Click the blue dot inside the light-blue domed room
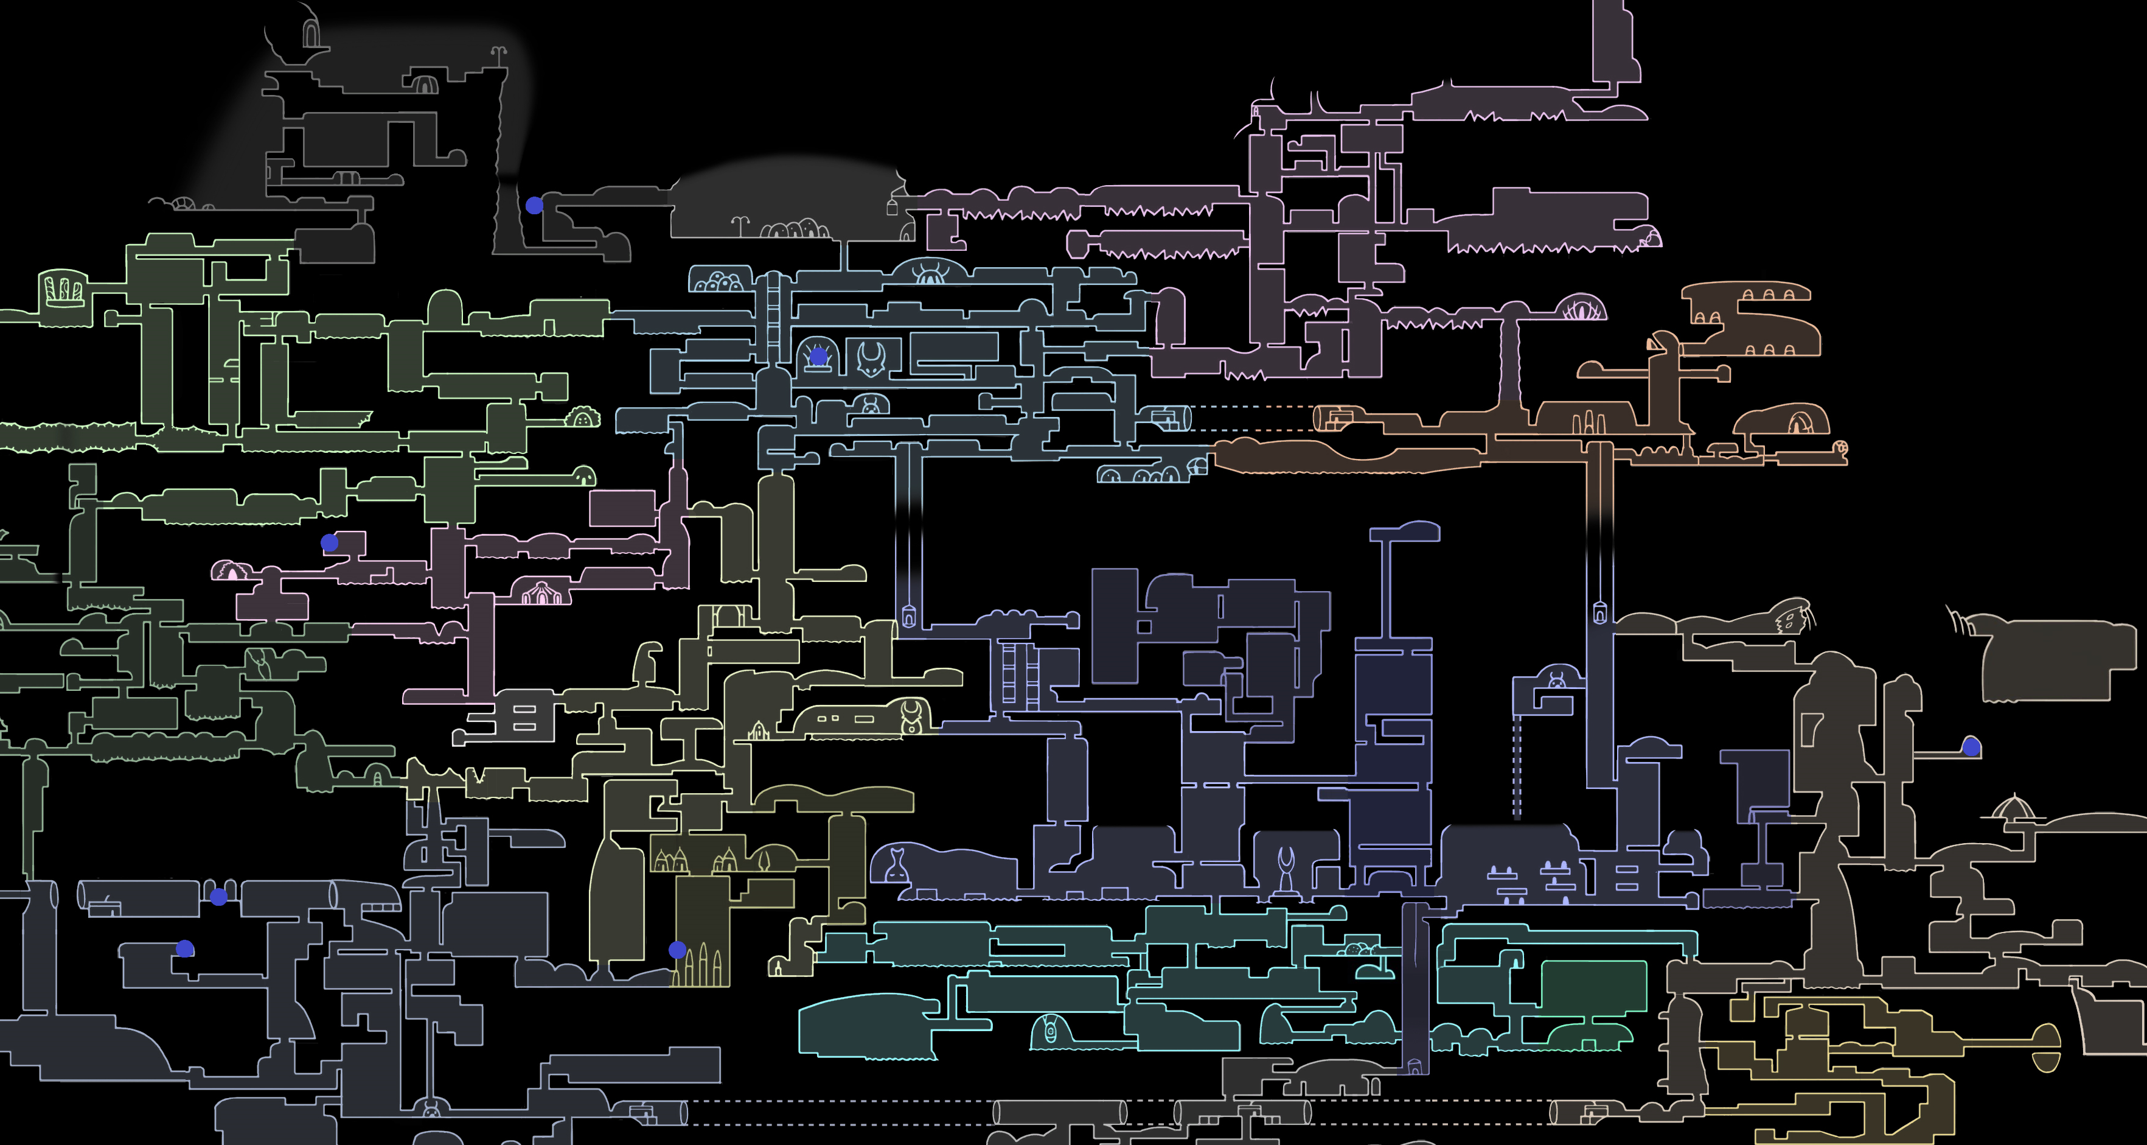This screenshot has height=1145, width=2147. coord(818,357)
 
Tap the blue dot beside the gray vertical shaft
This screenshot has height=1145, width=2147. coord(534,205)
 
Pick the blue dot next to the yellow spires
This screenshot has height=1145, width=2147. coord(678,949)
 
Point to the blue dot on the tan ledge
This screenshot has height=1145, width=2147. coord(1971,746)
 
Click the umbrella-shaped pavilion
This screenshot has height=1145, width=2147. coord(2013,808)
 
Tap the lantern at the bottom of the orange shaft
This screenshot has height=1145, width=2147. coord(1599,614)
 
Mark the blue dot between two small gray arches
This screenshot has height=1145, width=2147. coord(218,897)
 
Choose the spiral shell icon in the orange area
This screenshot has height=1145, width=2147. coord(1841,449)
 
